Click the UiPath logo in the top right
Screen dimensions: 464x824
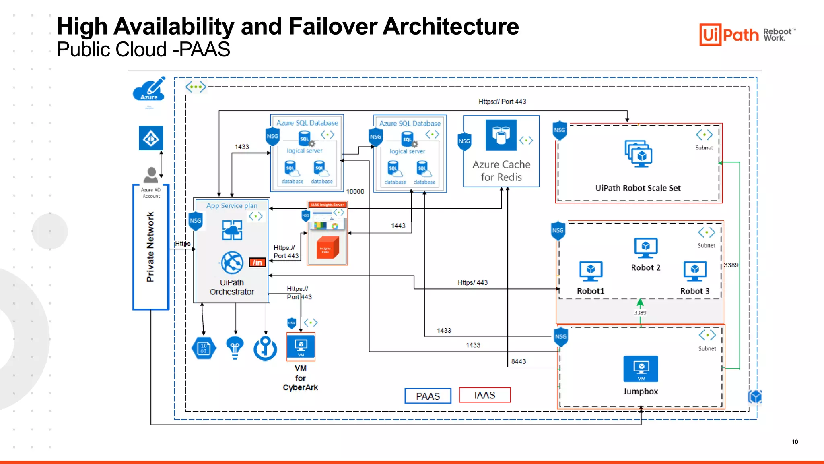pos(729,35)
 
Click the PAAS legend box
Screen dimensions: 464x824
pos(428,396)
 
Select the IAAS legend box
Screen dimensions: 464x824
pos(484,395)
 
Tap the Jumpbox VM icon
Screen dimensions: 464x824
pos(641,369)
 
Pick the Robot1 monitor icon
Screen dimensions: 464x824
pos(590,271)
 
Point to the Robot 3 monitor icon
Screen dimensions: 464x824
pos(694,271)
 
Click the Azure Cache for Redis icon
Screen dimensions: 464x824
pos(501,135)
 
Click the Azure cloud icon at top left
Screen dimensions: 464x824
pos(149,89)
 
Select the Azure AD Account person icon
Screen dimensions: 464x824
pos(151,175)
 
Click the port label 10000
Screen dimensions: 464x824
pos(355,191)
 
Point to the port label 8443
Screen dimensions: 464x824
pos(518,361)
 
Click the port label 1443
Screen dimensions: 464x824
pos(398,226)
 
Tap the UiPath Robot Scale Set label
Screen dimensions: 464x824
pos(638,188)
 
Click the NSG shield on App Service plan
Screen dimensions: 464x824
pos(196,221)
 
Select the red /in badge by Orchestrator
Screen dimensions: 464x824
pos(257,263)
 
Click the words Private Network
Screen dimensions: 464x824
pos(150,247)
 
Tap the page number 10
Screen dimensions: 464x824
pos(795,442)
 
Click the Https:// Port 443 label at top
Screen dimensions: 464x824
pos(502,101)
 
